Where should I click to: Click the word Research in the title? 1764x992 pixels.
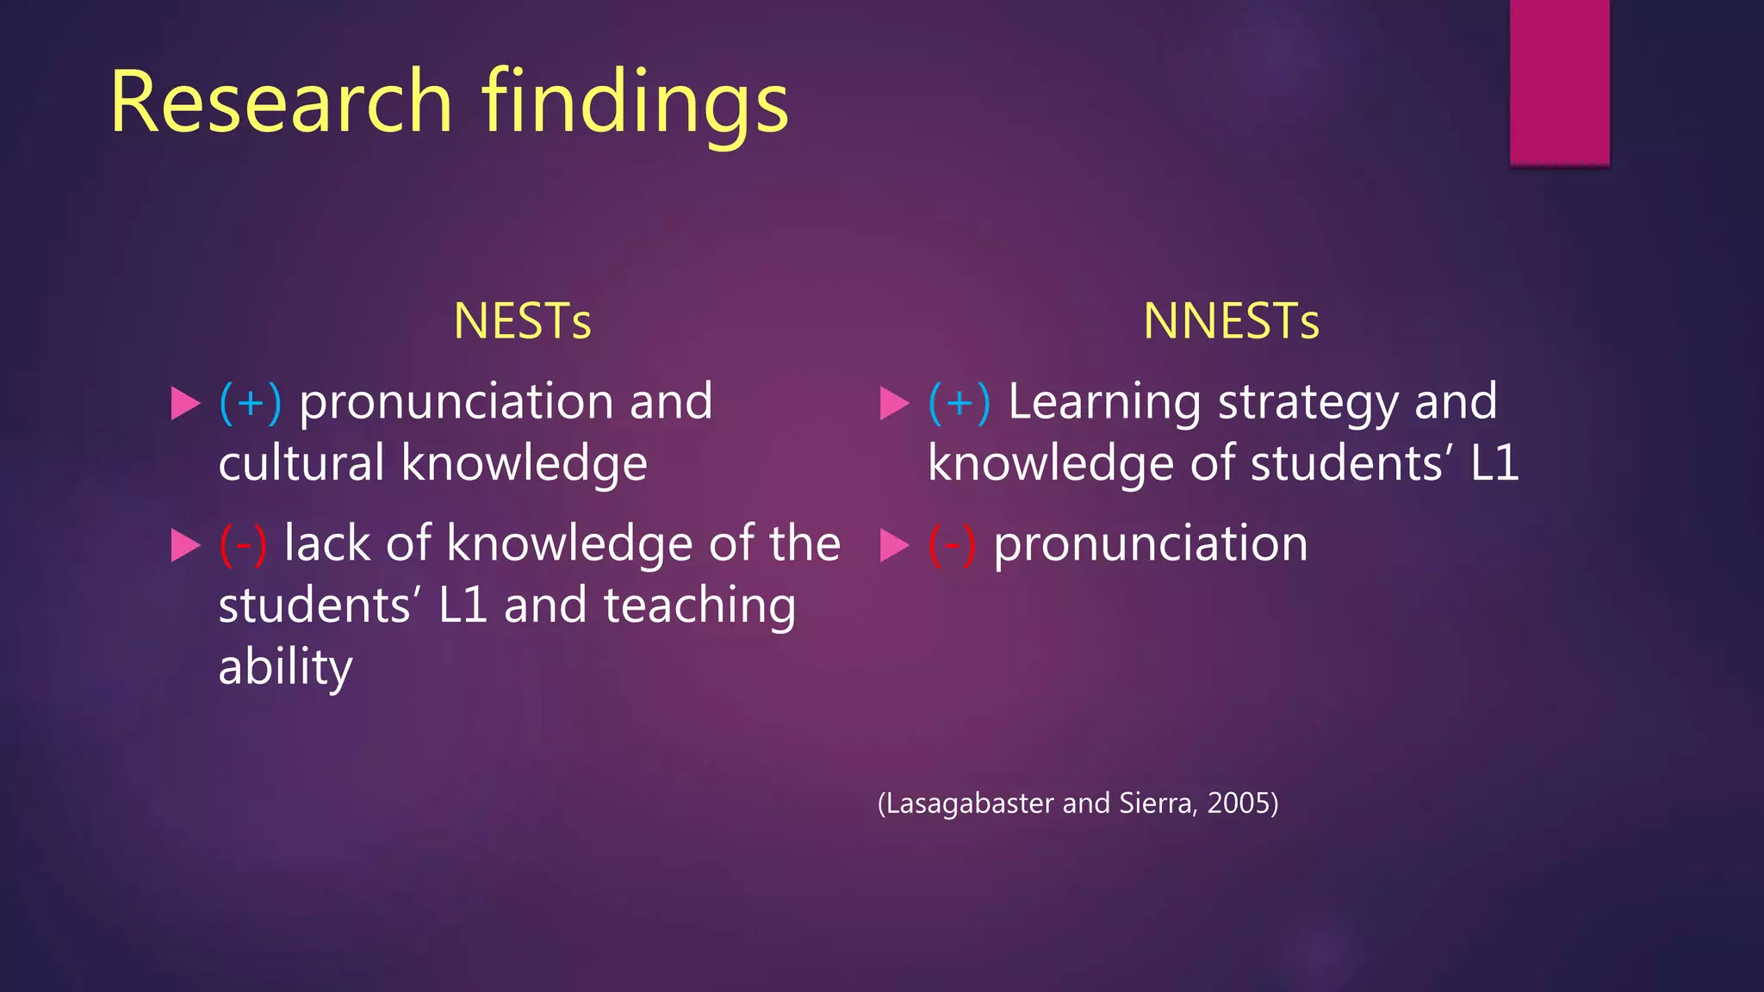pyautogui.click(x=281, y=102)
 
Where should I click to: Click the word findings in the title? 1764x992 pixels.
pyautogui.click(x=635, y=105)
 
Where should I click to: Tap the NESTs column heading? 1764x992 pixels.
pyautogui.click(x=522, y=321)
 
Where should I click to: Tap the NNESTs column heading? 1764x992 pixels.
pyautogui.click(x=1231, y=321)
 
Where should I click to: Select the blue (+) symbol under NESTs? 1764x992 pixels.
pyautogui.click(x=251, y=402)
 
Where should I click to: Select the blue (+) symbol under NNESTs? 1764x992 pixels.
pyautogui.click(x=960, y=402)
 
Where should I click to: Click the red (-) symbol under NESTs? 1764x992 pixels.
pyautogui.click(x=243, y=544)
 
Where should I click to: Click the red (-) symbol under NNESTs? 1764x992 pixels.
pyautogui.click(x=952, y=544)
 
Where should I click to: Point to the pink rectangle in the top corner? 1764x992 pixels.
pyautogui.click(x=1559, y=82)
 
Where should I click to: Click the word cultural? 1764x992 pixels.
pyautogui.click(x=301, y=463)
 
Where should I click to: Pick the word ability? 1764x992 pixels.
pyautogui.click(x=285, y=667)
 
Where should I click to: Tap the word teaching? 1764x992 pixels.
pyautogui.click(x=699, y=605)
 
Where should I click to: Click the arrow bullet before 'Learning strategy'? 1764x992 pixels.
pyautogui.click(x=894, y=403)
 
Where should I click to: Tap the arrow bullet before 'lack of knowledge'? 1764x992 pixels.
pyautogui.click(x=185, y=545)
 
